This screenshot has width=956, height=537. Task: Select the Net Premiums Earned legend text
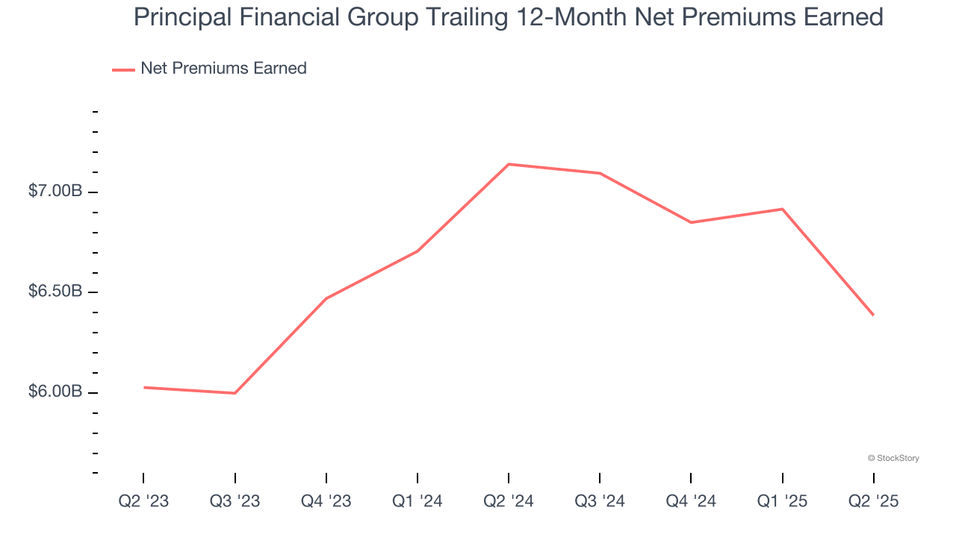pyautogui.click(x=223, y=69)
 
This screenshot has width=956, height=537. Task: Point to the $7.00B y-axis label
pyautogui.click(x=55, y=192)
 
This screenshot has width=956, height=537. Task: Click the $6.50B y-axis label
pyautogui.click(x=55, y=292)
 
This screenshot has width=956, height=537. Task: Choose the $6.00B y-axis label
pyautogui.click(x=55, y=392)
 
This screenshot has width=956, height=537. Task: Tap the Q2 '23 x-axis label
pyautogui.click(x=143, y=501)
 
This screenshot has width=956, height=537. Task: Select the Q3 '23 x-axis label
pyautogui.click(x=235, y=501)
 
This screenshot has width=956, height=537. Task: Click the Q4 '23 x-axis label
pyautogui.click(x=326, y=501)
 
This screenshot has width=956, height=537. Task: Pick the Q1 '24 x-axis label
pyautogui.click(x=417, y=501)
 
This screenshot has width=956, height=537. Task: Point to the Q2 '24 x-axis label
pyautogui.click(x=508, y=501)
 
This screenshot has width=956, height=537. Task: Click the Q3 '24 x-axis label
pyautogui.click(x=599, y=501)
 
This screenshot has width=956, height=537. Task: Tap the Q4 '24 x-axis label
pyautogui.click(x=690, y=501)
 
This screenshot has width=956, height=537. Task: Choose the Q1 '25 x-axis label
pyautogui.click(x=782, y=501)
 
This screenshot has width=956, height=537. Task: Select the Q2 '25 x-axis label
pyautogui.click(x=873, y=501)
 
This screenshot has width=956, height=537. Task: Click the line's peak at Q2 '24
pyautogui.click(x=509, y=164)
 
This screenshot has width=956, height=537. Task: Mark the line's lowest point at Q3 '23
pyautogui.click(x=235, y=393)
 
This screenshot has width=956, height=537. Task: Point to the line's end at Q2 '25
pyautogui.click(x=873, y=315)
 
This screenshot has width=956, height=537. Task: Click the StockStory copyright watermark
pyautogui.click(x=893, y=458)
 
